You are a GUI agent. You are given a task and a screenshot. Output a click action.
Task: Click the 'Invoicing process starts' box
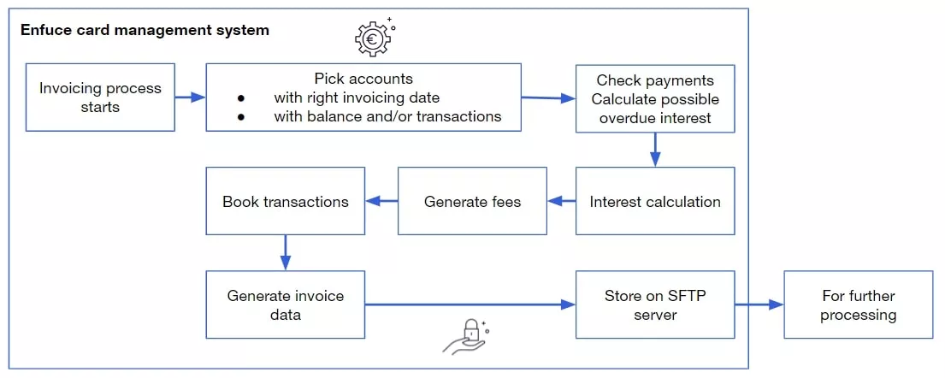click(x=100, y=97)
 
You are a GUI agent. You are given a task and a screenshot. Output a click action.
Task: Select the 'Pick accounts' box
click(x=363, y=97)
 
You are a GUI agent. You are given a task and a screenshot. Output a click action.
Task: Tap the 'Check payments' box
click(x=655, y=98)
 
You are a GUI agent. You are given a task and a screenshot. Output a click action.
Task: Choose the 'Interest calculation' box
click(x=655, y=202)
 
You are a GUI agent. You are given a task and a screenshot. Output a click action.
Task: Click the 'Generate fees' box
click(x=472, y=202)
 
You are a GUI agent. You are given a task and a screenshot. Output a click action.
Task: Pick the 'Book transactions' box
click(x=285, y=202)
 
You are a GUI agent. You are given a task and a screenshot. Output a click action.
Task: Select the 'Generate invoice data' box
click(x=285, y=304)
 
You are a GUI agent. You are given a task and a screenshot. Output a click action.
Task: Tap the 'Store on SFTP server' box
click(x=655, y=304)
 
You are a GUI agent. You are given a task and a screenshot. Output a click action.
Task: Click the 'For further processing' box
click(x=858, y=304)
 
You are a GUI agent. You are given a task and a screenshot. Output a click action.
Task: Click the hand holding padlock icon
click(x=466, y=335)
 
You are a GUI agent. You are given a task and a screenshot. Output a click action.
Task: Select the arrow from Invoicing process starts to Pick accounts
click(x=190, y=97)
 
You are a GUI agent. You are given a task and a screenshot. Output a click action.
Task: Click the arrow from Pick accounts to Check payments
click(x=548, y=98)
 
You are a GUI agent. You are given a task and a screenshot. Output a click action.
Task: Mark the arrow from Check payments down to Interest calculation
click(x=655, y=150)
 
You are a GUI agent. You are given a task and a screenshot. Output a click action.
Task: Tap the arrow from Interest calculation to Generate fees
click(x=561, y=202)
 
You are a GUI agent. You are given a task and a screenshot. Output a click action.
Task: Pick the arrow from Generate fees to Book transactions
click(x=381, y=202)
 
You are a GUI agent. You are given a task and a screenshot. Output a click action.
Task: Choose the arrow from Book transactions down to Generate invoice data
click(x=285, y=252)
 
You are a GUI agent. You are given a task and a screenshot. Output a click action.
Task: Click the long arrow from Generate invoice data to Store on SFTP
click(x=470, y=304)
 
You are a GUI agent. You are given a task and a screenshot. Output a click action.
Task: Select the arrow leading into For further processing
click(x=759, y=304)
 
